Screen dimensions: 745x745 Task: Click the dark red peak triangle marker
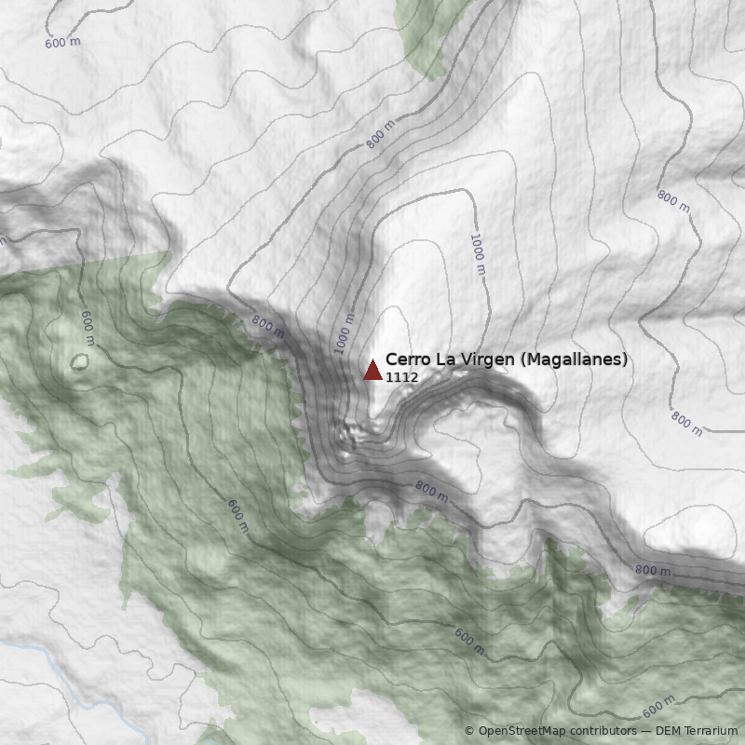coord(372,370)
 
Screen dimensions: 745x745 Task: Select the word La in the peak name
coord(441,359)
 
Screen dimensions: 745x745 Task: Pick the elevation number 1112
coord(401,377)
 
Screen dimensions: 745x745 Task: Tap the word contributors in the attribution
coord(604,731)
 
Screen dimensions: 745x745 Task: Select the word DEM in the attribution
coord(670,731)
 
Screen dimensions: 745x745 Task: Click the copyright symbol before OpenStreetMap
coord(469,731)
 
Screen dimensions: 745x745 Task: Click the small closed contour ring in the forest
coord(80,361)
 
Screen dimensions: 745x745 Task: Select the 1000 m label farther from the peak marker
coord(478,253)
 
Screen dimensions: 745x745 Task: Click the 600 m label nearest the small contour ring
coord(88,328)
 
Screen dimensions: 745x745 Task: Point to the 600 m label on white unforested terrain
coord(61,42)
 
